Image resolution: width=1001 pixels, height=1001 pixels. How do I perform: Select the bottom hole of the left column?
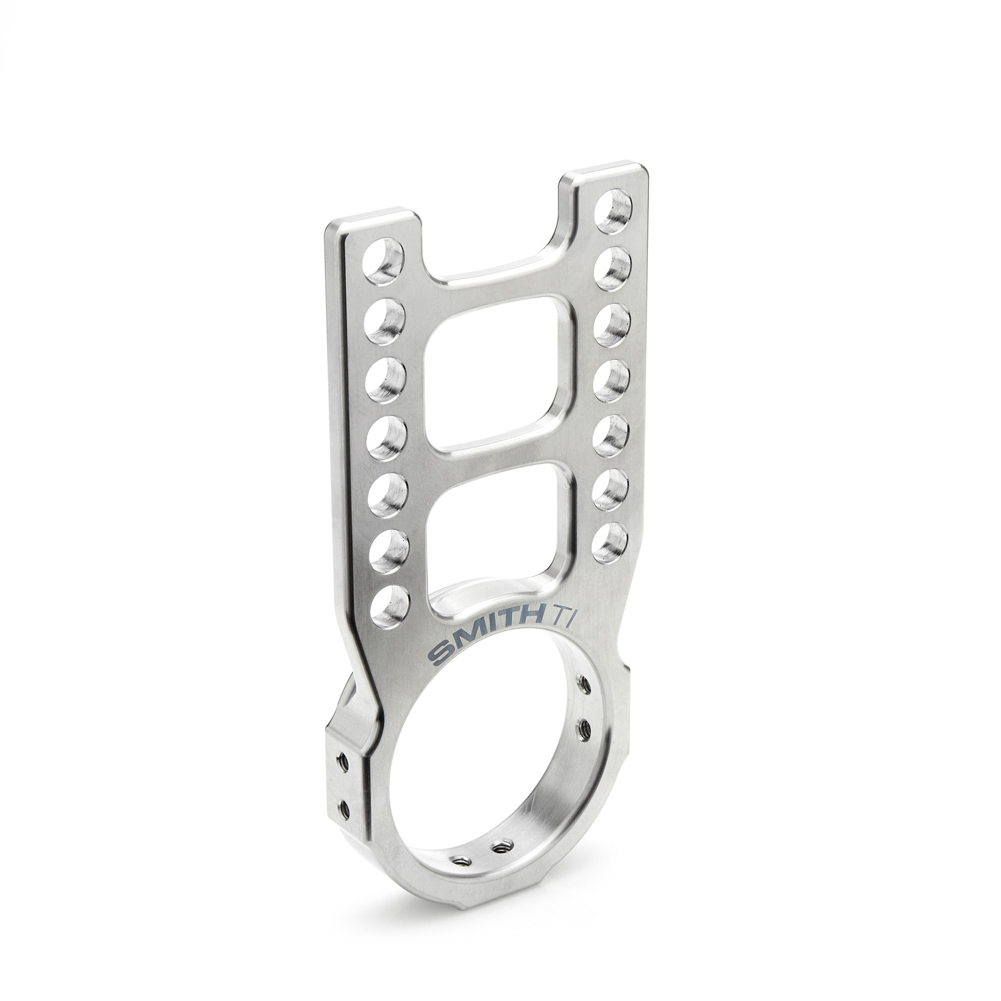tap(389, 604)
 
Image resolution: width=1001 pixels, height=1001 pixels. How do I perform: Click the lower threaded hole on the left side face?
tap(344, 805)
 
